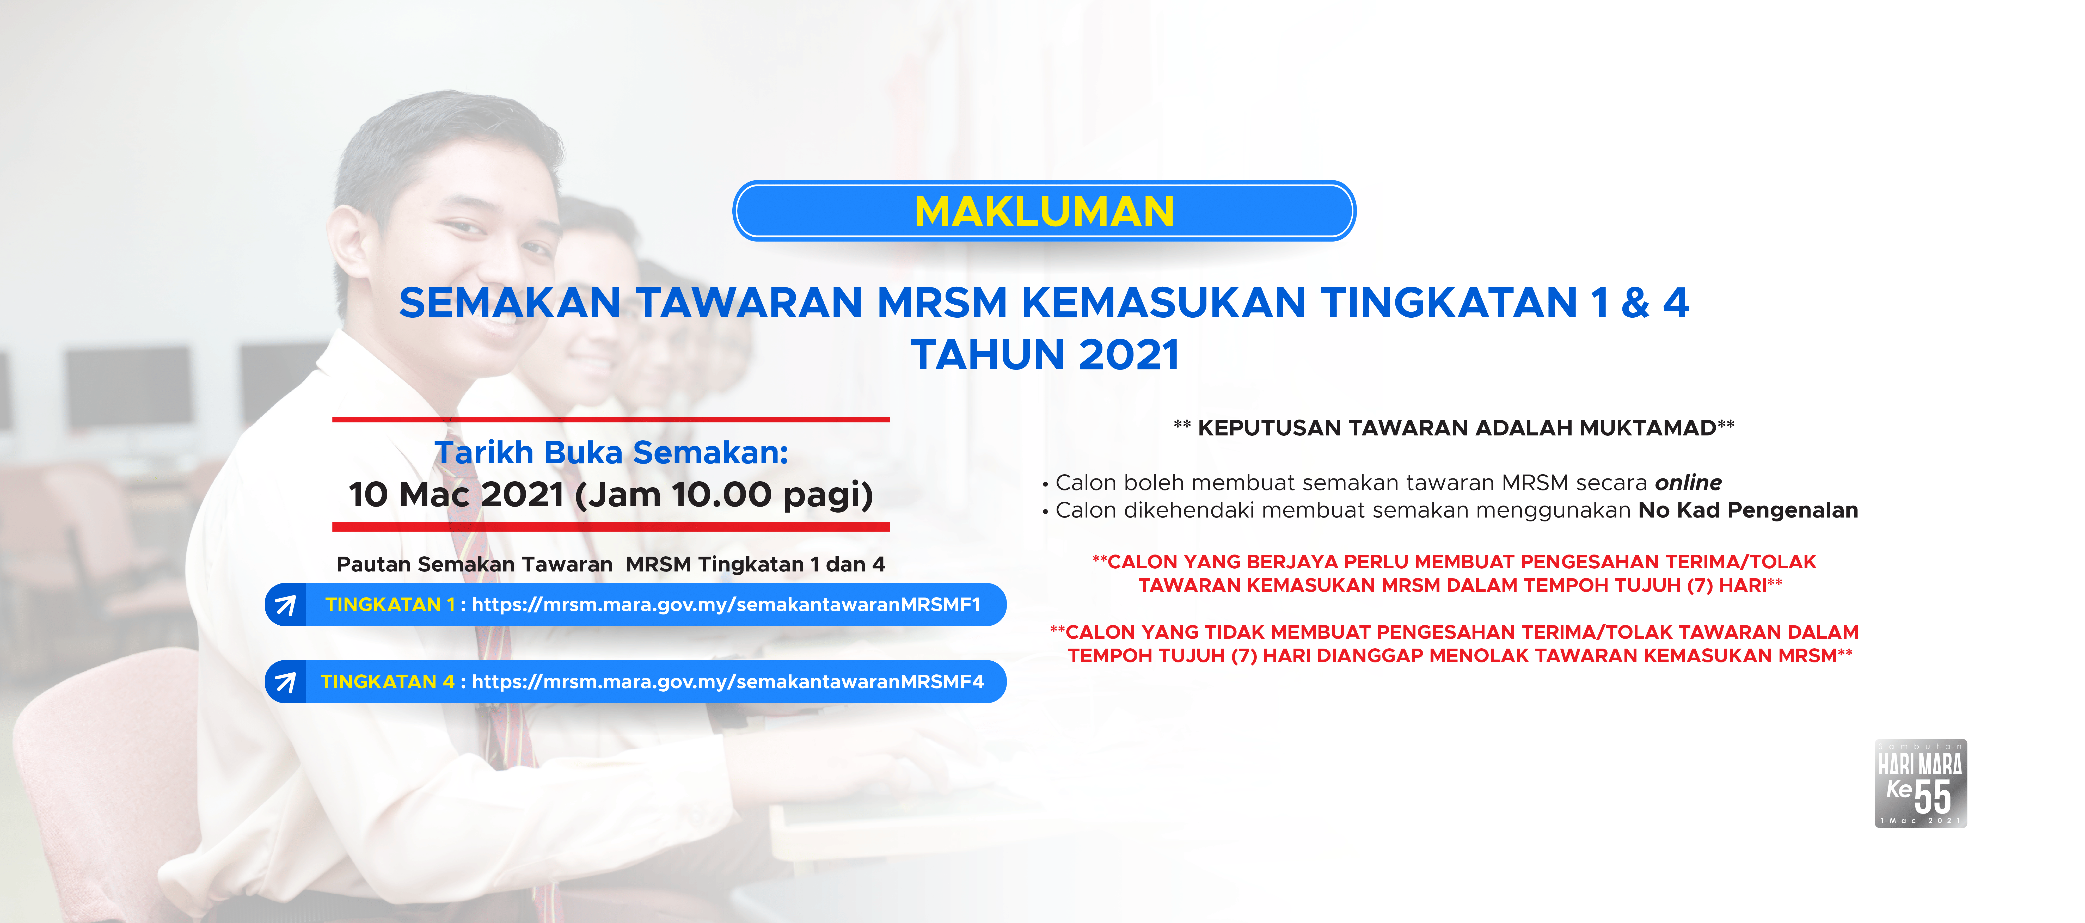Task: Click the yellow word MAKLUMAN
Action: coord(1044,212)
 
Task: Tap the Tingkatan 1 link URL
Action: coord(726,605)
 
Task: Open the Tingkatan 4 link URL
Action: coord(728,682)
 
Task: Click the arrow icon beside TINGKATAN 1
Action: coord(285,605)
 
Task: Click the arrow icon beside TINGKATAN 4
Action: coord(285,682)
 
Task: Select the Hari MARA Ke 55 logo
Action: coord(1921,783)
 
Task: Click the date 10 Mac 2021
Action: coord(456,494)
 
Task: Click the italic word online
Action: coord(1688,483)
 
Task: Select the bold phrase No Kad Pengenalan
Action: coord(1748,510)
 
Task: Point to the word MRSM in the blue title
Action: coord(942,303)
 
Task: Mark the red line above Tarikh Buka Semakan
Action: coord(611,420)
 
